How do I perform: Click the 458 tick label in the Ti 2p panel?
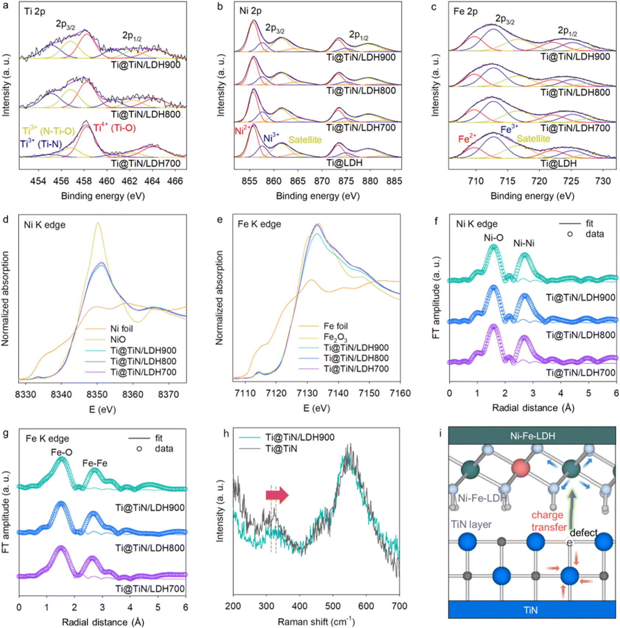84,181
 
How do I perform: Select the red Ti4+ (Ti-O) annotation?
115,128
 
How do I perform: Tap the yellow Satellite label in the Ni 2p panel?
305,140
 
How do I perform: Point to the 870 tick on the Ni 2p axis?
322,181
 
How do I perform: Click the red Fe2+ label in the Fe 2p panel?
467,138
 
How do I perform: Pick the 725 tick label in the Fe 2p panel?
571,181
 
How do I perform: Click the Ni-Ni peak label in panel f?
524,243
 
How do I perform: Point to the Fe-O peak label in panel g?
62,452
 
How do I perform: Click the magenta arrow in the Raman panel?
277,495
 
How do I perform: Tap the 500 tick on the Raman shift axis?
333,606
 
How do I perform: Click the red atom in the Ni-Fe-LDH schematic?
520,469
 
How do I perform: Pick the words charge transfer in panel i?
548,521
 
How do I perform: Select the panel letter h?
226,434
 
